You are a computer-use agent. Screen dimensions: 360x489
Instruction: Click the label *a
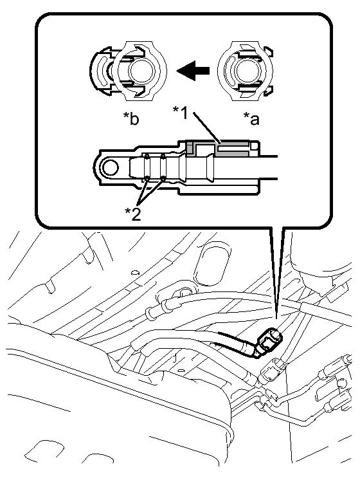[x=251, y=119]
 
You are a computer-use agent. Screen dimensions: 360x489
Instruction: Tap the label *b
[x=131, y=118]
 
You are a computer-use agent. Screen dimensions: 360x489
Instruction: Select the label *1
[x=181, y=113]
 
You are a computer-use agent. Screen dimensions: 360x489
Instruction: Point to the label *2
[x=133, y=214]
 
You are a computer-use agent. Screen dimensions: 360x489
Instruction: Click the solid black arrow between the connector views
[x=193, y=71]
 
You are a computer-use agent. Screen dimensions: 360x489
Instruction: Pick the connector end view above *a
[x=246, y=71]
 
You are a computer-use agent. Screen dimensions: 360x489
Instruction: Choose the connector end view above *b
[x=128, y=71]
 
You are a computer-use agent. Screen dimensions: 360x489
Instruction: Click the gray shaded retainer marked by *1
[x=218, y=148]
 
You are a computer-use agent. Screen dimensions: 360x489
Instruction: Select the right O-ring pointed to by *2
[x=163, y=168]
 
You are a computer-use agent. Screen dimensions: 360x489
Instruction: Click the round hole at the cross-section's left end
[x=111, y=169]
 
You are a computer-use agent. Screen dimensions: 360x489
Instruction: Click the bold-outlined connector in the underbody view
[x=269, y=342]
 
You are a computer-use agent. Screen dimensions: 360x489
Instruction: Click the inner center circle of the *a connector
[x=246, y=71]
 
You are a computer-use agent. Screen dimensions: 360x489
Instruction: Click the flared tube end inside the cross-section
[x=210, y=169]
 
